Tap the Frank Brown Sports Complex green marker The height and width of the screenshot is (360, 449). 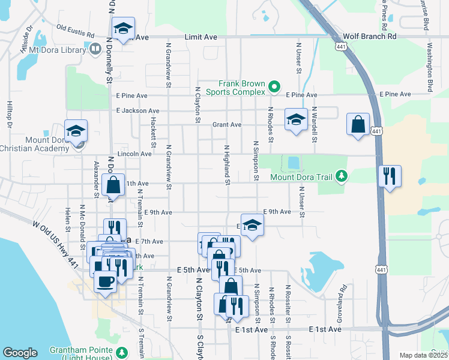(x=274, y=88)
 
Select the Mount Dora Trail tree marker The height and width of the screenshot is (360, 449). (x=342, y=176)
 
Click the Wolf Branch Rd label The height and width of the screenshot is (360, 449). (x=376, y=36)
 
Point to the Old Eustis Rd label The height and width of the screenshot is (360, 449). (x=76, y=27)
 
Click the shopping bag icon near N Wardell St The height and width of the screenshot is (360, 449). (x=358, y=125)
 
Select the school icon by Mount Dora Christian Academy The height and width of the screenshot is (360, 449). (x=76, y=131)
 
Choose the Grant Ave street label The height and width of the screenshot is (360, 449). (x=226, y=125)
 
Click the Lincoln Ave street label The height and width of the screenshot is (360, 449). (x=134, y=154)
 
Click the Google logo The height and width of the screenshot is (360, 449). (x=20, y=353)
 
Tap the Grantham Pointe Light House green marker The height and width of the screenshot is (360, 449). (x=122, y=352)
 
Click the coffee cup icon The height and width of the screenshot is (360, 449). (x=106, y=281)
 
